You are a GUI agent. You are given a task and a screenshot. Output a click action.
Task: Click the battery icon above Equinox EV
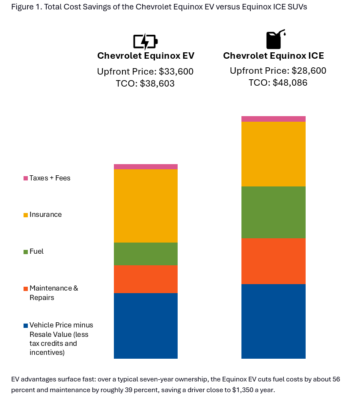tap(145, 42)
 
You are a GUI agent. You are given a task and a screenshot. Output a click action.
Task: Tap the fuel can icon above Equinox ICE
tap(274, 39)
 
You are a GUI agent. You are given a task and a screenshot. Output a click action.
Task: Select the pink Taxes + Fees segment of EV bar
tap(146, 167)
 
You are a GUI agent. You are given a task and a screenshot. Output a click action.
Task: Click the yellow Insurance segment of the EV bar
tap(146, 206)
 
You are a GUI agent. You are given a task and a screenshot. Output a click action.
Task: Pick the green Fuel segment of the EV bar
tap(146, 254)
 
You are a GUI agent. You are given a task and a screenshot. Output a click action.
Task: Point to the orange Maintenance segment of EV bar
tap(146, 279)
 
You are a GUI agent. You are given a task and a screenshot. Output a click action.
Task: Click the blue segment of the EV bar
tap(146, 326)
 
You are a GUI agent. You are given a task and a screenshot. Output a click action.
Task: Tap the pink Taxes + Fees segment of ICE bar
tap(273, 119)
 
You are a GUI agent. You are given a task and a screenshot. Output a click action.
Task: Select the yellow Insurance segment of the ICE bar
tap(273, 154)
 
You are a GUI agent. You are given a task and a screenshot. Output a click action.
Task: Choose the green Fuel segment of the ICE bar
tap(273, 212)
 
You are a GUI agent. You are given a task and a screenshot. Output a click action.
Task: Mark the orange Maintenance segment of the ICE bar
tap(273, 261)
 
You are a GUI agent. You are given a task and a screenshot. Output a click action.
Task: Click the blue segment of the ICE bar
tap(273, 321)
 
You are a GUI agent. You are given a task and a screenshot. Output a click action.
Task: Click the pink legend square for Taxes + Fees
tap(26, 178)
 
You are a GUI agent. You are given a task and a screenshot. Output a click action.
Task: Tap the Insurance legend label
tap(45, 215)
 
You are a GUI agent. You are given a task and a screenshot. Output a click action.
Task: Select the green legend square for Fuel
tap(26, 252)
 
